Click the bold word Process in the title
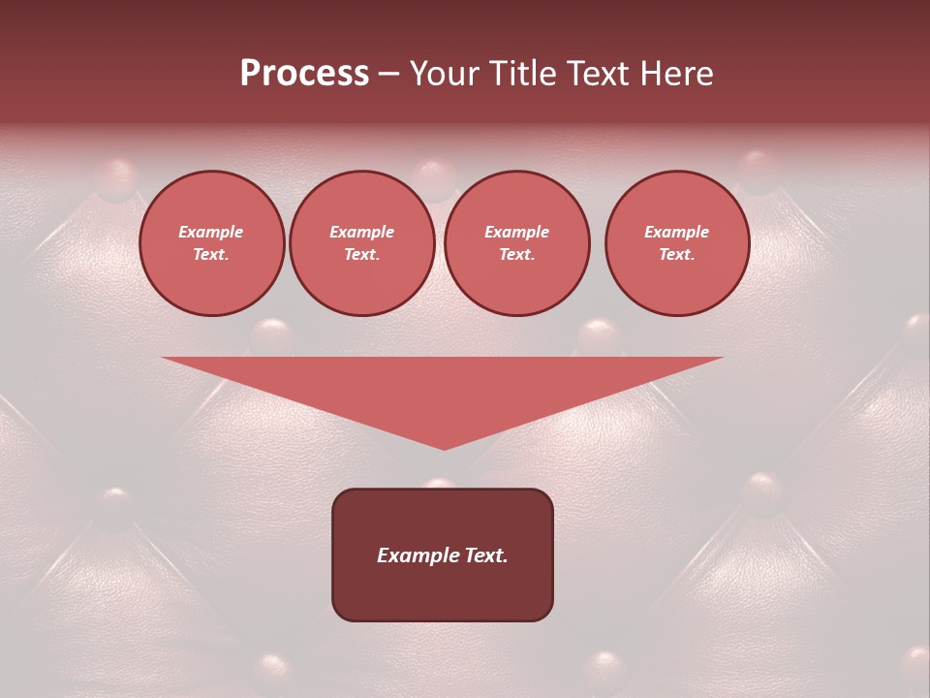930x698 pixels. pos(304,74)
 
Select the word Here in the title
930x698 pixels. pos(674,74)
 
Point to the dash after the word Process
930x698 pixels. pos(388,75)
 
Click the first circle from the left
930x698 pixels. pos(212,243)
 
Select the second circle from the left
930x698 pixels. pos(362,243)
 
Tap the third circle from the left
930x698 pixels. pos(517,243)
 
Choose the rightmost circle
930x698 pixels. pos(677,243)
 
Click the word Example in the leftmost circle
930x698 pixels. pos(211,232)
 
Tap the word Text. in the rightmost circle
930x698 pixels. pos(677,255)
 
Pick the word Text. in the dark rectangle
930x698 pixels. pos(485,555)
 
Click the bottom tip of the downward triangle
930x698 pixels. pos(444,448)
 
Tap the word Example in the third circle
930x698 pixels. pos(517,232)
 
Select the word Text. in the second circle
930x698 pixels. pos(362,255)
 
